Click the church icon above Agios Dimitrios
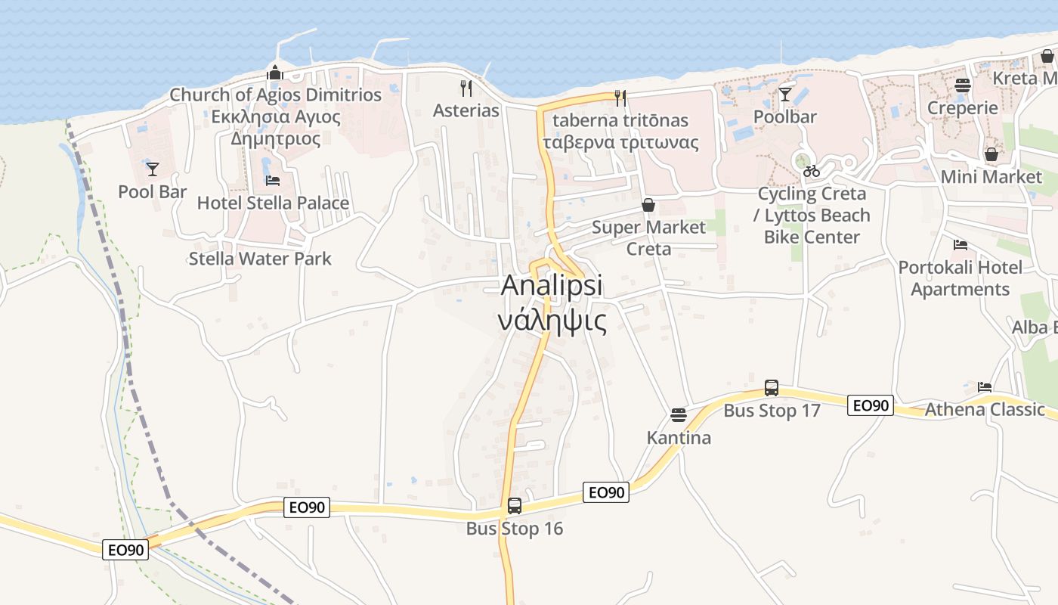(x=274, y=73)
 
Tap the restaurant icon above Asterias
(x=466, y=88)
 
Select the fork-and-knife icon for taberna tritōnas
(x=620, y=98)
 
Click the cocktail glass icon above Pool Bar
(x=153, y=169)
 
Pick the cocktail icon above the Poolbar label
(x=785, y=94)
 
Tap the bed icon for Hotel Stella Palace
(x=273, y=181)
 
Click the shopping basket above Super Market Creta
(x=648, y=205)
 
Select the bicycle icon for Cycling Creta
(x=812, y=172)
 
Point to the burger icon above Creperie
(x=962, y=85)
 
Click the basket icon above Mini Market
(x=991, y=154)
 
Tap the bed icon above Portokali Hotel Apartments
(x=961, y=245)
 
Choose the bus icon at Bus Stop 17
(x=771, y=388)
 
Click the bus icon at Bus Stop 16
(x=515, y=505)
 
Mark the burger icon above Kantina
(x=679, y=415)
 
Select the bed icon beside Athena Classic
(x=984, y=387)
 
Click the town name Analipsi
(x=552, y=286)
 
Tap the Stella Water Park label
(x=260, y=259)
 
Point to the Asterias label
(x=466, y=110)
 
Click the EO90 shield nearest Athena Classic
(x=871, y=406)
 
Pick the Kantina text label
(x=679, y=438)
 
